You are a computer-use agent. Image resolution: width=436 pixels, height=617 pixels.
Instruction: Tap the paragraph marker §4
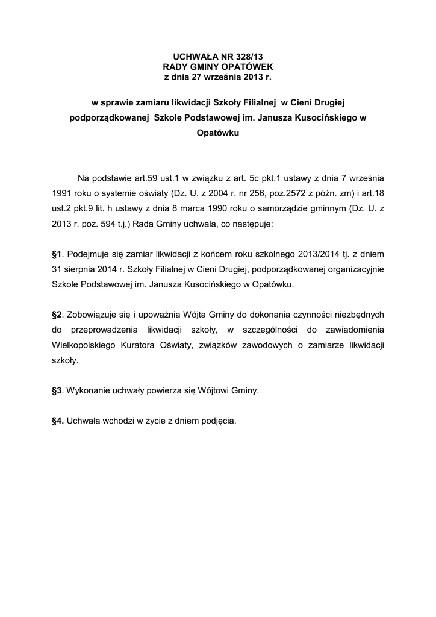click(58, 421)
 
